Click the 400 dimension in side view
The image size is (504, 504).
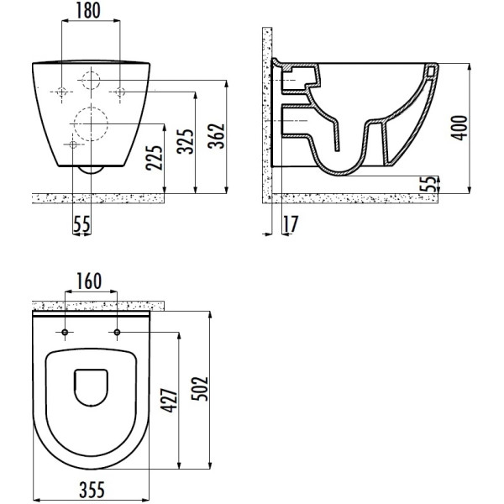pyautogui.click(x=459, y=125)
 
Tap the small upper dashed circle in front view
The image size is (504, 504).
pyautogui.click(x=92, y=81)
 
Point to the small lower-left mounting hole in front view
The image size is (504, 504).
pyautogui.click(x=72, y=145)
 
